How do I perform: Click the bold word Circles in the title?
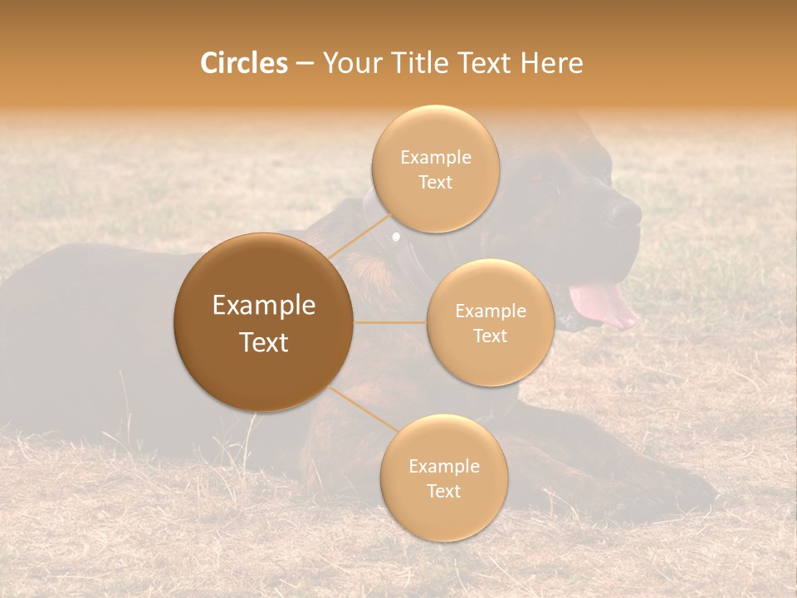pyautogui.click(x=244, y=63)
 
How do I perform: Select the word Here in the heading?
pyautogui.click(x=552, y=63)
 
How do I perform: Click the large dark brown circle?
pyautogui.click(x=263, y=322)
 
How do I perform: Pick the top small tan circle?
pyautogui.click(x=435, y=169)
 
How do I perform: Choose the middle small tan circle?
pyautogui.click(x=490, y=322)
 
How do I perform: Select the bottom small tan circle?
pyautogui.click(x=443, y=478)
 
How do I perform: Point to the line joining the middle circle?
pyautogui.click(x=390, y=322)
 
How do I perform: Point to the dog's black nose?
pyautogui.click(x=624, y=213)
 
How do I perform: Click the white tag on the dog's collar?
pyautogui.click(x=396, y=238)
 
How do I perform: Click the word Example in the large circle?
pyautogui.click(x=263, y=306)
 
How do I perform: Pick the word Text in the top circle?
pyautogui.click(x=435, y=182)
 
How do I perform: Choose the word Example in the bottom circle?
pyautogui.click(x=443, y=466)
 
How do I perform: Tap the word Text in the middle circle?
pyautogui.click(x=490, y=336)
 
